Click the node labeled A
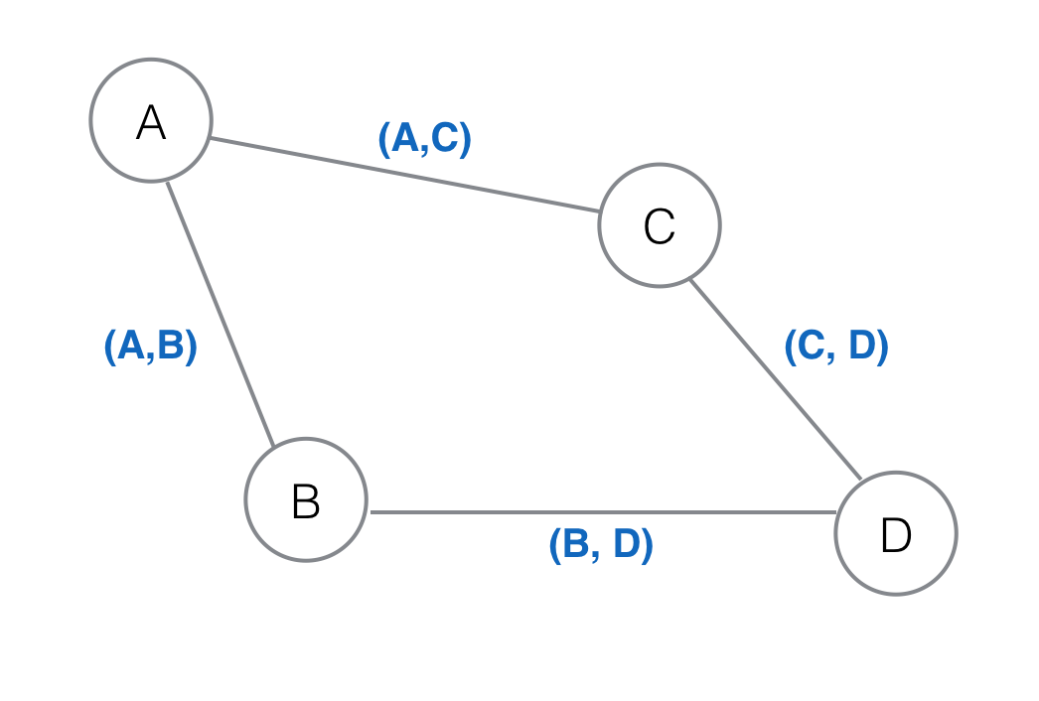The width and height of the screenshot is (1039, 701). (151, 121)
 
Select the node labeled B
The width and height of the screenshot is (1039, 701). (306, 499)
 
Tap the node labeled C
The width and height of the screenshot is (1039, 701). (660, 225)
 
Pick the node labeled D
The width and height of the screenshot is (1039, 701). (896, 533)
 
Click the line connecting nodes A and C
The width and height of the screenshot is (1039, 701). (405, 175)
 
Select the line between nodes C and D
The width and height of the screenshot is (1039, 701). (775, 379)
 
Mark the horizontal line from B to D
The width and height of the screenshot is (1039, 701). (601, 512)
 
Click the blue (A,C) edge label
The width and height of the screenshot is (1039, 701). (425, 139)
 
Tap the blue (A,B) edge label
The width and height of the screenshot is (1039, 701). (151, 348)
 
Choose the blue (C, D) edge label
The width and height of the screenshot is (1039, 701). (836, 348)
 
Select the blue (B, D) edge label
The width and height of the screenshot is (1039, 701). (601, 545)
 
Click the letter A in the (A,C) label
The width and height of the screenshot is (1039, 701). (404, 139)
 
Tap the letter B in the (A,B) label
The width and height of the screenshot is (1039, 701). (170, 348)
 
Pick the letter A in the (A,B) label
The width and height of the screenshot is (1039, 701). (130, 348)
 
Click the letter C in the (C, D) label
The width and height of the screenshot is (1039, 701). (811, 348)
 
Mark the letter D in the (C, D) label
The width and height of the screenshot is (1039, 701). (863, 348)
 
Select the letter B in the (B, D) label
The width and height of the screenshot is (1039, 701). (575, 545)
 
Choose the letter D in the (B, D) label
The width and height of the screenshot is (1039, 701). (628, 545)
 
